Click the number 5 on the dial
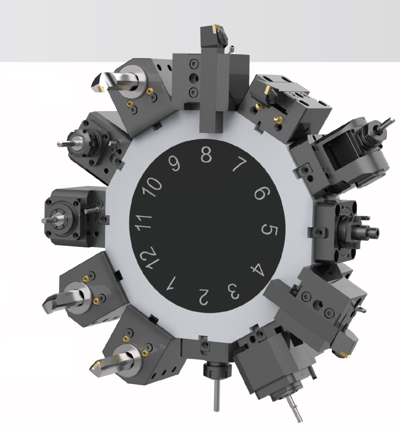pos(269,230)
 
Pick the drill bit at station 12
pos(57,298)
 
